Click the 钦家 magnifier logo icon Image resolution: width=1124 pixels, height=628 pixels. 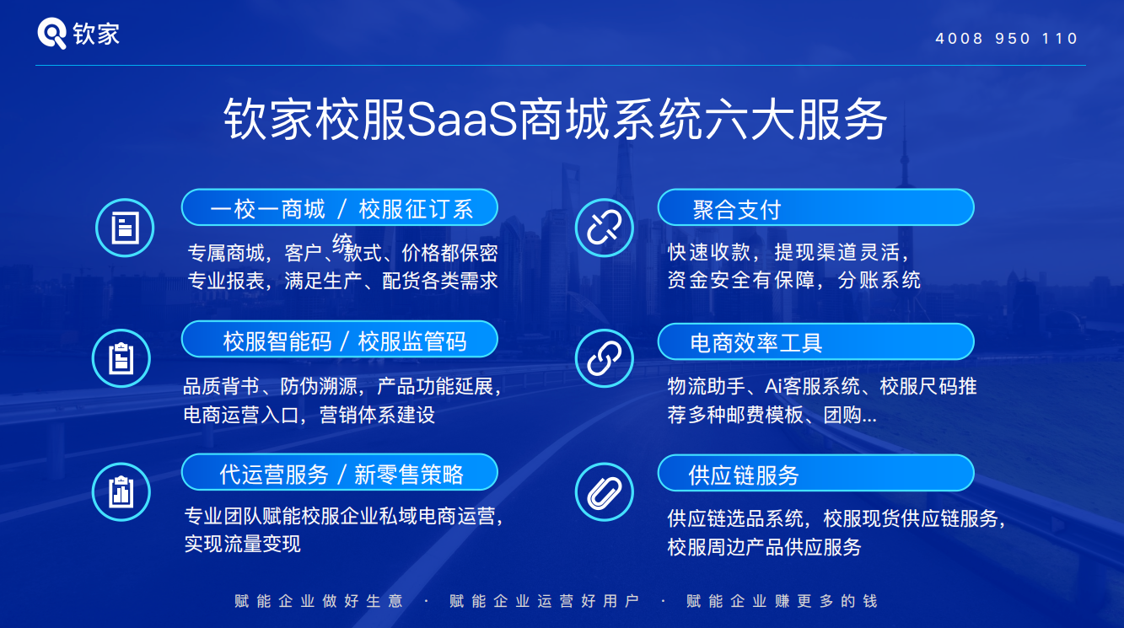click(x=51, y=33)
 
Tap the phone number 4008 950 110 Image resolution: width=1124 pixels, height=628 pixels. click(x=1007, y=39)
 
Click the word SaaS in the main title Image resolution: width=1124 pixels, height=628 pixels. click(x=461, y=120)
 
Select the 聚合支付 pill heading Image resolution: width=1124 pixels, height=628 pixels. click(x=816, y=207)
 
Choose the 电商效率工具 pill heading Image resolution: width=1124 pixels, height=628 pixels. click(x=816, y=341)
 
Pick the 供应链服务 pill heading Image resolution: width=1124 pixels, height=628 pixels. click(x=816, y=474)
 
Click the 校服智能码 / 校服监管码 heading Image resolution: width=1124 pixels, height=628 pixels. click(x=340, y=340)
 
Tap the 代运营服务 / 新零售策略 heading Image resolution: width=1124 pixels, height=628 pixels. click(x=340, y=473)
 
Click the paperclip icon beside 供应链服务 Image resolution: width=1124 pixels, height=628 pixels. click(x=604, y=492)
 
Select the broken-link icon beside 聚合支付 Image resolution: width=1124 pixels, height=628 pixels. click(x=604, y=228)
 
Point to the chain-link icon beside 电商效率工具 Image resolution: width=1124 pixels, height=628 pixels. click(x=604, y=358)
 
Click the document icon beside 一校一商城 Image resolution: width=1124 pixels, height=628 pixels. click(x=125, y=228)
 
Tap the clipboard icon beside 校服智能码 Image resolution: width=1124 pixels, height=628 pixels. click(x=121, y=358)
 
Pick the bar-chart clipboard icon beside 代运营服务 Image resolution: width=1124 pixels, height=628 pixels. click(x=121, y=492)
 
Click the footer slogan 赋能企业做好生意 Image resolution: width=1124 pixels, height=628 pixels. click(x=318, y=601)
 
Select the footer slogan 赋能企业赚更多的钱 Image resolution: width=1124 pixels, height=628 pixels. click(x=782, y=601)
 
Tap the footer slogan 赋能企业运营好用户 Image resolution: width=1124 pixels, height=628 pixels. click(x=544, y=601)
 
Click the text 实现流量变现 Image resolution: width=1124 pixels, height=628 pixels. click(x=242, y=544)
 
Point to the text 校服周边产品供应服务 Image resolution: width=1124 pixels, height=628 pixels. click(x=764, y=547)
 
